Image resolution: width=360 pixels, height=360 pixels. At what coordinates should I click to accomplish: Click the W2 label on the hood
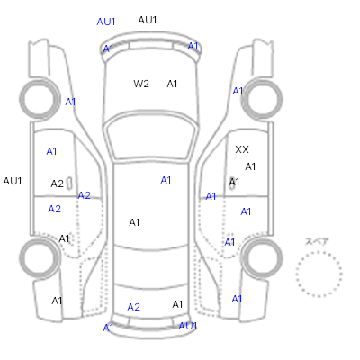point(141,84)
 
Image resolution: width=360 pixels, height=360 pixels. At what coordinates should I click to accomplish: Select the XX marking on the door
point(242,149)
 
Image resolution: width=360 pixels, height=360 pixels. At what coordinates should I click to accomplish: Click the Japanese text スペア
point(317,241)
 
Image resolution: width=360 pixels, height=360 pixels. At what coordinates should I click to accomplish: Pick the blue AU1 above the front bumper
point(106,22)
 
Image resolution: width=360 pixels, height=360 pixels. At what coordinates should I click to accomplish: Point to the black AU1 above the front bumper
point(148,20)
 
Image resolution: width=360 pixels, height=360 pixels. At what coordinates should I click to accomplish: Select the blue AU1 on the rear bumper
point(188,326)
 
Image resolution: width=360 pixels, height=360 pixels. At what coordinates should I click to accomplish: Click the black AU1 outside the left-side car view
point(13,181)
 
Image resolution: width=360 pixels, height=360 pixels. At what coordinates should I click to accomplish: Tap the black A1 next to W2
point(172,84)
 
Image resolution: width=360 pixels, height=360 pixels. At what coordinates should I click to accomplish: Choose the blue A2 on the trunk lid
point(134,307)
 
